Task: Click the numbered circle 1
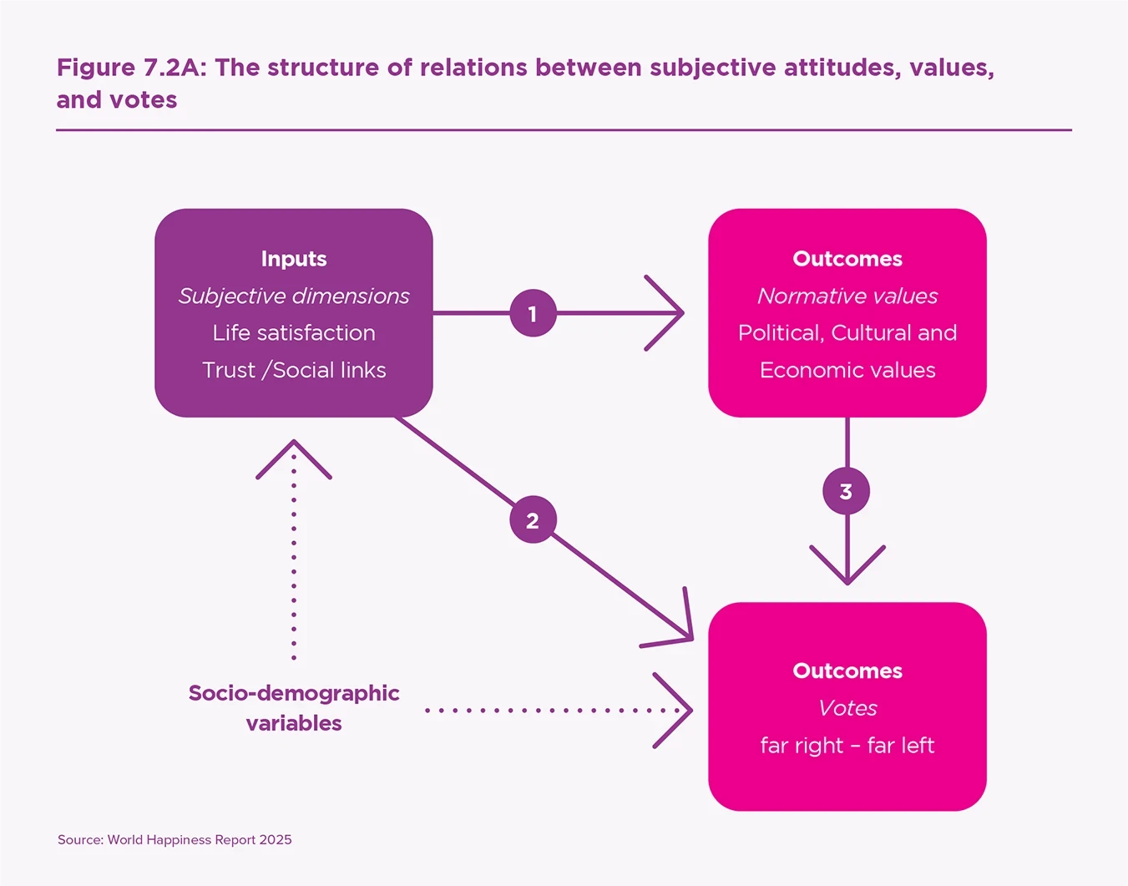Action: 533,313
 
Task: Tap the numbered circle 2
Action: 533,519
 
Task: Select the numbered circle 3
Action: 846,491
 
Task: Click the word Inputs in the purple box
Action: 294,259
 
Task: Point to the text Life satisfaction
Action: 294,332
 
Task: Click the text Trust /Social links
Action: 294,370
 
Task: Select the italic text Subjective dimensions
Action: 294,296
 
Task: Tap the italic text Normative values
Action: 847,296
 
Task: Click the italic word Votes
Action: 847,708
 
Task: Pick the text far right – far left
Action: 847,745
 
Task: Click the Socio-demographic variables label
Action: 294,707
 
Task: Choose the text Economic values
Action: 847,370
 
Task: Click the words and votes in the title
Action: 117,100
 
